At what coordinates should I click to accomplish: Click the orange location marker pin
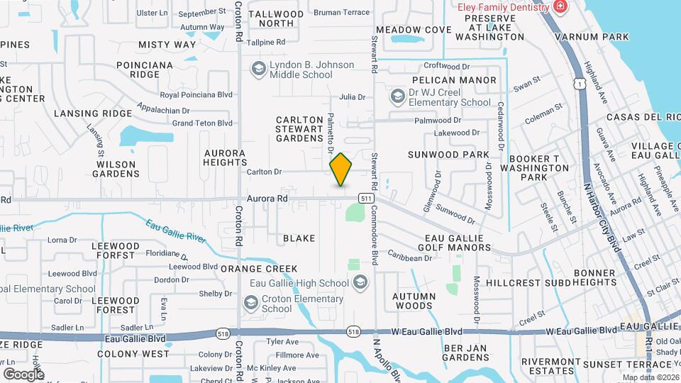point(340,169)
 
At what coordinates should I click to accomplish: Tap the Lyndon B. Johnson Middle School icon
point(258,68)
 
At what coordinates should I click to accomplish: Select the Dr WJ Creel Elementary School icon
point(398,95)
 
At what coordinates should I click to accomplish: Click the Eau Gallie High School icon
point(360,283)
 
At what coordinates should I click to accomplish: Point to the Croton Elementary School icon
point(250,303)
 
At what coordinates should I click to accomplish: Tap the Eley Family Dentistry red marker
point(560,7)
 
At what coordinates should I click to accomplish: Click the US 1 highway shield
point(580,84)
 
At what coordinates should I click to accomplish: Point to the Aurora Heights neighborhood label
point(224,157)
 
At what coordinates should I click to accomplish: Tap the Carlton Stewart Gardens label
point(299,128)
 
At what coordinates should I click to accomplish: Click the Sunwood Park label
point(448,155)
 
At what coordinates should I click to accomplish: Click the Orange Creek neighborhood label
point(259,269)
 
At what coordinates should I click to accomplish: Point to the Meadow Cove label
point(414,30)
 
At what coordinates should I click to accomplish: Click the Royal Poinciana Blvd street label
point(196,94)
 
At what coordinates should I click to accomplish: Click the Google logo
point(23,374)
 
